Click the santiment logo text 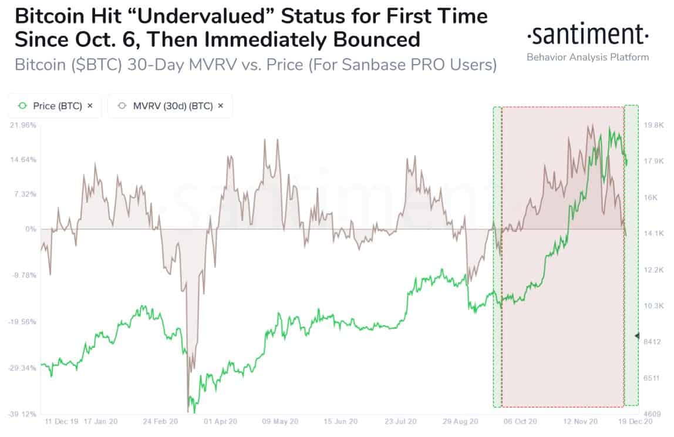click(588, 36)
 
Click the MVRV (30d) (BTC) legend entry click(170, 106)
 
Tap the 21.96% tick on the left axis click(24, 125)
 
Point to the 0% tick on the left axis click(31, 228)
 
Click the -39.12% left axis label click(23, 414)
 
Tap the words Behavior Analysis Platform click(588, 57)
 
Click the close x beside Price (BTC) click(90, 106)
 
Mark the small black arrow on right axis click(638, 335)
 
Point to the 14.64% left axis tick click(24, 159)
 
